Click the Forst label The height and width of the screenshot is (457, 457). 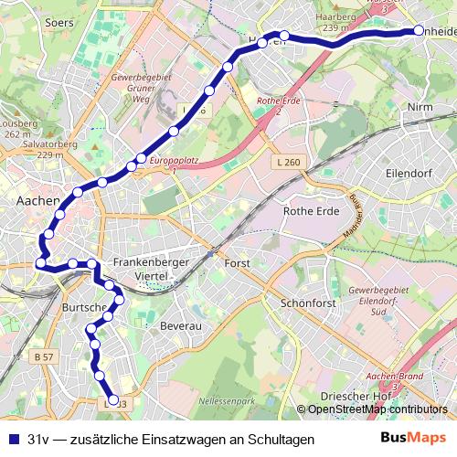pyautogui.click(x=237, y=263)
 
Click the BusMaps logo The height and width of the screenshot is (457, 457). pyautogui.click(x=413, y=438)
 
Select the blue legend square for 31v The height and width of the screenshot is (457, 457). pyautogui.click(x=13, y=440)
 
